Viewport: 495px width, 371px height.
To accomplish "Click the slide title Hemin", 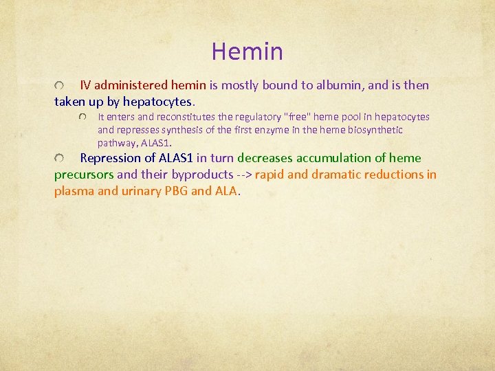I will [247, 52].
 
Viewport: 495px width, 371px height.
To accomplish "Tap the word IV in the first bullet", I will [86, 86].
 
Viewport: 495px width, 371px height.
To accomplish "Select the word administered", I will [129, 86].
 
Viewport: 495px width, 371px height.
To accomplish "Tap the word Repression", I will [110, 158].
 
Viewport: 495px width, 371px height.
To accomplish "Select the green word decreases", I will [268, 158].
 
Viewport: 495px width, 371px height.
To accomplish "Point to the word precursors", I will [84, 175].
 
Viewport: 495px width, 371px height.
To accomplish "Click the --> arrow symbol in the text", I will [244, 175].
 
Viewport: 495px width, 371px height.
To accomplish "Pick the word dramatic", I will [336, 175].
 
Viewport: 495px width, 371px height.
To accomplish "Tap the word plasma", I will [74, 191].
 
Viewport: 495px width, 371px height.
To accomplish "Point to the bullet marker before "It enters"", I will [83, 117].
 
